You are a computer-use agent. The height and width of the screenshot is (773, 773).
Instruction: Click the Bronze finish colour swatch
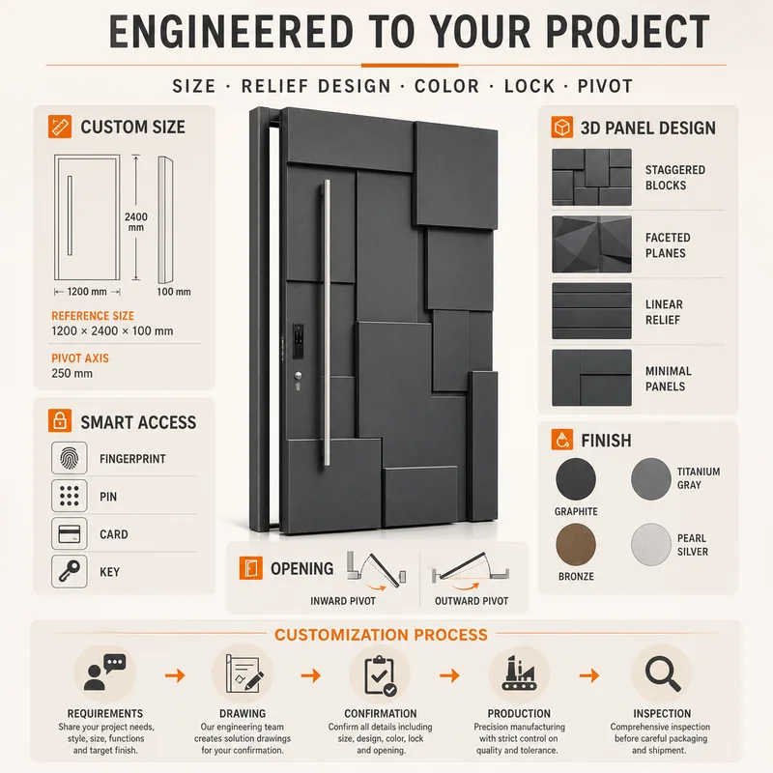click(576, 545)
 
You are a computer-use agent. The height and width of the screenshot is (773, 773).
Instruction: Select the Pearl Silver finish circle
click(650, 544)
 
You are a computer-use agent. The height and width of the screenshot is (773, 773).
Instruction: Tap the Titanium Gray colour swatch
click(650, 478)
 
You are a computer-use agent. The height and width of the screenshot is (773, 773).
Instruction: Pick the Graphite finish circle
click(576, 478)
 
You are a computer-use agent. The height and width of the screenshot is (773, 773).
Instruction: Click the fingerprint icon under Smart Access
click(69, 458)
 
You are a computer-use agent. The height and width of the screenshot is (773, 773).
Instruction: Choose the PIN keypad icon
click(69, 496)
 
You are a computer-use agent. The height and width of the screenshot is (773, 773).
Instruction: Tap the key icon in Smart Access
click(69, 571)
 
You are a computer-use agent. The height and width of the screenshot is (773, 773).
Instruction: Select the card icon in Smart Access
click(69, 533)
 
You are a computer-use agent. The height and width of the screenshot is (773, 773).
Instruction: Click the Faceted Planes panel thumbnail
click(591, 244)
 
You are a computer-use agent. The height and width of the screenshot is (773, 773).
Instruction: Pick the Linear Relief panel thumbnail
click(591, 310)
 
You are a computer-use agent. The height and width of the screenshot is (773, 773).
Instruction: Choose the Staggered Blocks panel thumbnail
click(591, 177)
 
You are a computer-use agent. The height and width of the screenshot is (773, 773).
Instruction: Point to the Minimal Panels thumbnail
click(591, 378)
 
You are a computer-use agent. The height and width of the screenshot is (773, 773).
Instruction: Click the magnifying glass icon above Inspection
click(662, 673)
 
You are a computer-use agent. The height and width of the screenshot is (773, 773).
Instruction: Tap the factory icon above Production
click(519, 673)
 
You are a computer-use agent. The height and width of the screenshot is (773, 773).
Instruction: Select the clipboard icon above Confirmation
click(380, 675)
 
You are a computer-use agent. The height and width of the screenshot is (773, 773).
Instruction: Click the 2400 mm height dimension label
click(136, 222)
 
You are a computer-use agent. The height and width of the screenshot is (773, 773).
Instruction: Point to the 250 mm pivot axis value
click(72, 373)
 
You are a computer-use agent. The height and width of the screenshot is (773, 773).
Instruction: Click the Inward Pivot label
click(343, 601)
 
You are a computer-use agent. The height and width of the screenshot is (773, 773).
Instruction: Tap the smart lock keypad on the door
click(299, 341)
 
